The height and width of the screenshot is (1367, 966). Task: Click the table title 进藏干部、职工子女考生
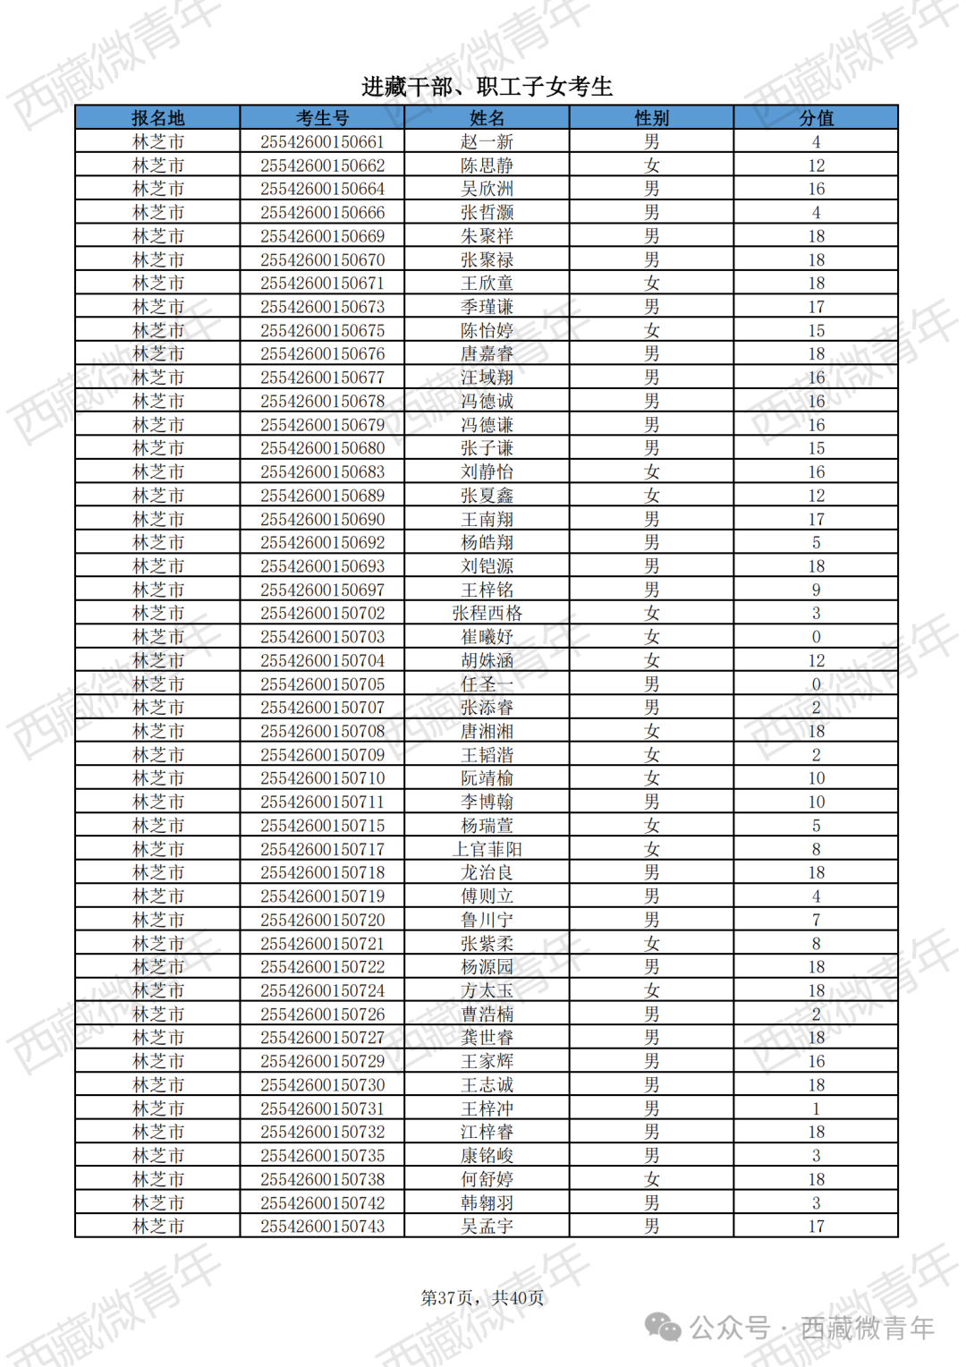click(487, 87)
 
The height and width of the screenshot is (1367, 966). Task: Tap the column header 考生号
click(322, 118)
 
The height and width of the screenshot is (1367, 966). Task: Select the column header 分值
click(816, 118)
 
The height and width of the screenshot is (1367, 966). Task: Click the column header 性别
click(651, 118)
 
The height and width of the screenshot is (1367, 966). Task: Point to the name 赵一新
click(487, 142)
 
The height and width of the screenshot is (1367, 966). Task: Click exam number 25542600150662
click(322, 166)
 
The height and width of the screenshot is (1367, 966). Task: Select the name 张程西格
click(487, 614)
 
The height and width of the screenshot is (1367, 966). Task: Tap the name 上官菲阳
click(487, 849)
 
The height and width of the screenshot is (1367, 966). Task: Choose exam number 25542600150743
click(322, 1227)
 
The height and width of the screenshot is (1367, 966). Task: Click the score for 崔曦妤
click(816, 637)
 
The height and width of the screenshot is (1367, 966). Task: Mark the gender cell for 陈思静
click(651, 166)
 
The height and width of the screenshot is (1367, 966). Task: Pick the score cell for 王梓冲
click(816, 1108)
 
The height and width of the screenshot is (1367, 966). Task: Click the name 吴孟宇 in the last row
click(487, 1227)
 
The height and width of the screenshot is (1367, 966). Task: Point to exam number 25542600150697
click(322, 590)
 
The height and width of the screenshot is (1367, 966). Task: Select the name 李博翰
click(487, 802)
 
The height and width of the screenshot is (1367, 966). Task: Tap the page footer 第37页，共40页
click(482, 1298)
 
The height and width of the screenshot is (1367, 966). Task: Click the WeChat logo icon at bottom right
click(663, 1328)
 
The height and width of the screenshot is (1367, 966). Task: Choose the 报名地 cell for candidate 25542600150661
click(157, 142)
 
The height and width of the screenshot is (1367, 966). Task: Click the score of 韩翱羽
click(816, 1203)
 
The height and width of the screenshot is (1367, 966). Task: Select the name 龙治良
click(487, 872)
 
